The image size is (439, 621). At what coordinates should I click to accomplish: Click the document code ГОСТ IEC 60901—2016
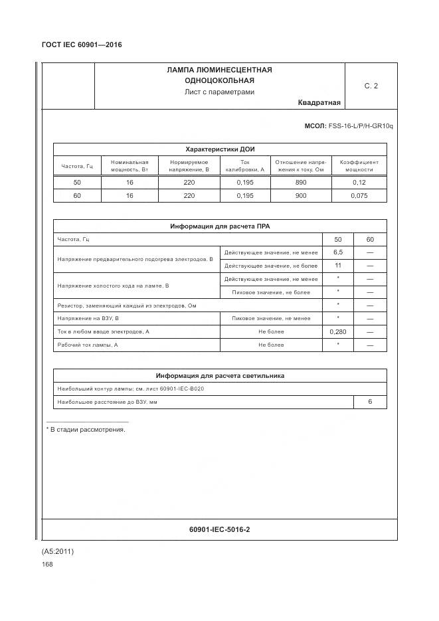[x=82, y=44]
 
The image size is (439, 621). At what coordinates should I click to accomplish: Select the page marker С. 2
[x=371, y=86]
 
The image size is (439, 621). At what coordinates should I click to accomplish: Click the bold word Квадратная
[x=319, y=103]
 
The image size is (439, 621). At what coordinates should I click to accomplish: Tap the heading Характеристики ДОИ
[x=219, y=149]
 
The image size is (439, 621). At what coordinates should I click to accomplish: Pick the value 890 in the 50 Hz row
[x=300, y=183]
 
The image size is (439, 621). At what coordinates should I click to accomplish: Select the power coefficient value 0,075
[x=359, y=196]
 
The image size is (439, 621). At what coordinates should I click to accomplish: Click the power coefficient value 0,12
[x=359, y=183]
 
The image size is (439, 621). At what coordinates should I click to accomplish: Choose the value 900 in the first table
[x=300, y=196]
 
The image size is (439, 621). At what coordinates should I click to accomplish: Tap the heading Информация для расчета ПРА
[x=219, y=226]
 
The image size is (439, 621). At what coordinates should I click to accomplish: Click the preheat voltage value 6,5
[x=337, y=252]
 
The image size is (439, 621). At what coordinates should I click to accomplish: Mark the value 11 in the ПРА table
[x=337, y=266]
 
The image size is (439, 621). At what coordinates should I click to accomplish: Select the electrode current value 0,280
[x=337, y=331]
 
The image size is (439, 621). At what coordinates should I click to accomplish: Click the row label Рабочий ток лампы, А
[x=88, y=345]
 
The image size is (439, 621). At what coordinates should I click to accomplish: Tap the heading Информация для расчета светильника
[x=219, y=375]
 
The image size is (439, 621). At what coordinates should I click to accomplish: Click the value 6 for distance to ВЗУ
[x=370, y=402]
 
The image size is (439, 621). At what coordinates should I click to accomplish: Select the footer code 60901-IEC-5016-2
[x=219, y=529]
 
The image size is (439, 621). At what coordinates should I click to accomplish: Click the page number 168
[x=47, y=564]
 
